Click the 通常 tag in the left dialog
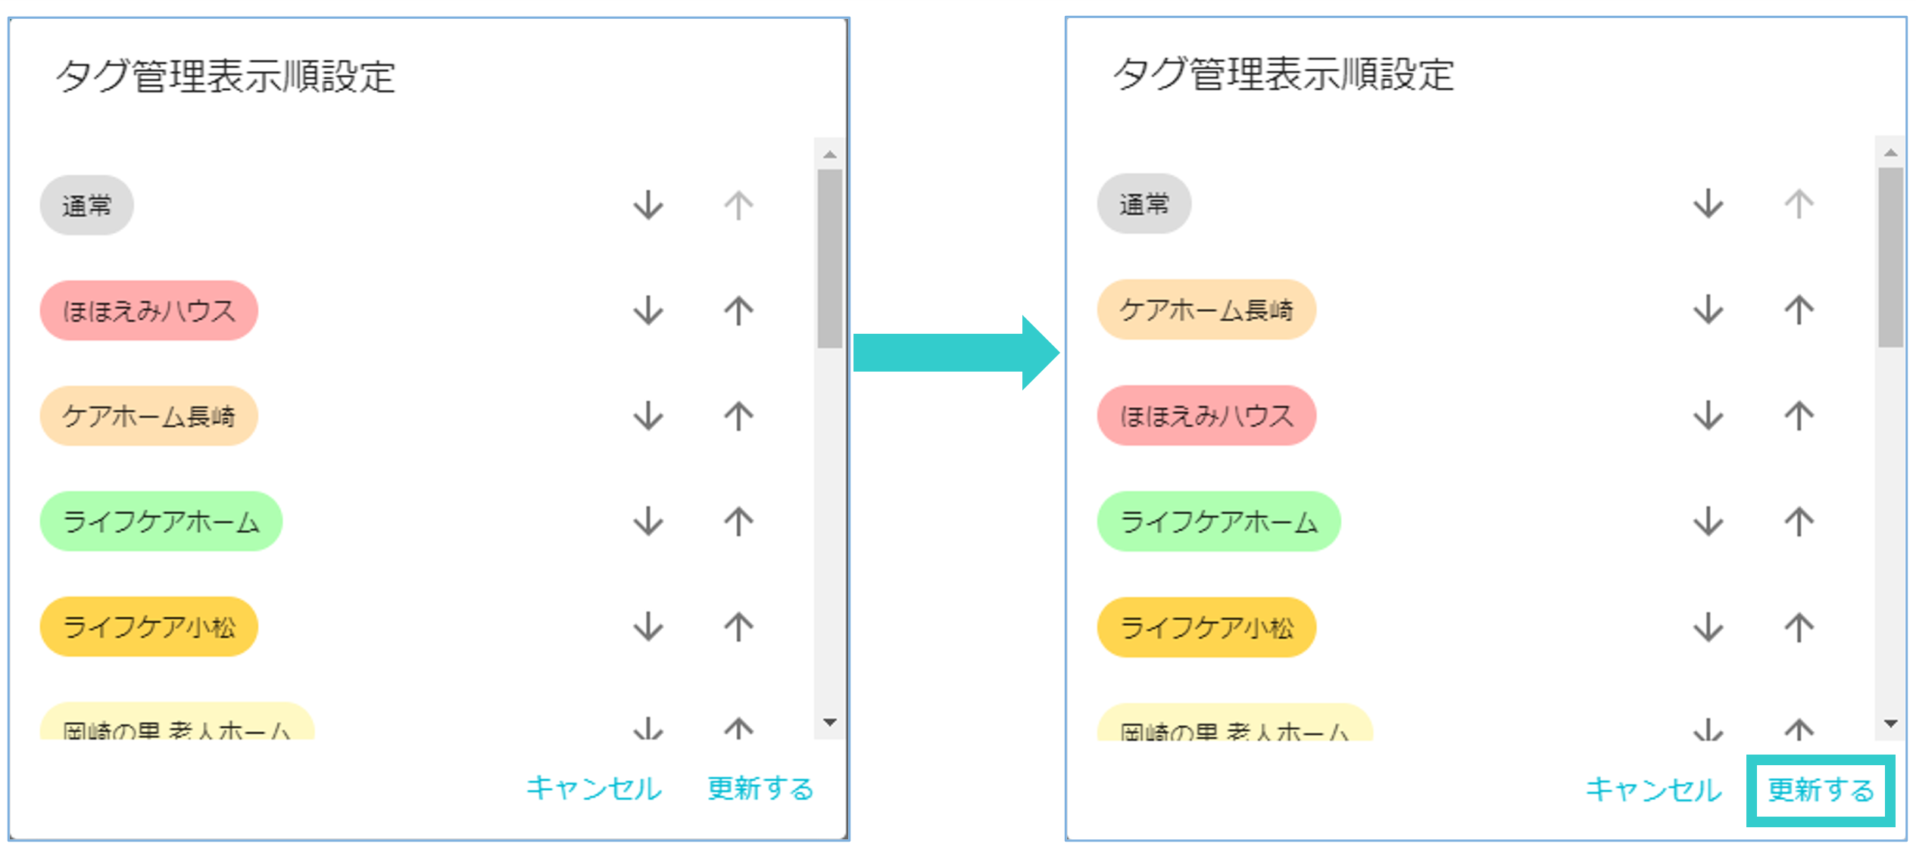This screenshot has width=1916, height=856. click(86, 205)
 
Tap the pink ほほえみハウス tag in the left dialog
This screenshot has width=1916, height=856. click(148, 310)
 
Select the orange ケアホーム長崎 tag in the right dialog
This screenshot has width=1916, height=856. click(1206, 310)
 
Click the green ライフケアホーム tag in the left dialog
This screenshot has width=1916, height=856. click(161, 521)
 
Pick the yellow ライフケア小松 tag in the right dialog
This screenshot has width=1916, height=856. click(1206, 627)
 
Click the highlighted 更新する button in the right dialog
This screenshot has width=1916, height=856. click(1820, 790)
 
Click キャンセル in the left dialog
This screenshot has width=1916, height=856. click(594, 789)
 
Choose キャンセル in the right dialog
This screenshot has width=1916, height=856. click(1653, 790)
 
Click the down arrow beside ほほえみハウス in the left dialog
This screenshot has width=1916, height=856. click(648, 310)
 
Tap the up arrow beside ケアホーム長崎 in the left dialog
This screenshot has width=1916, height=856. click(738, 416)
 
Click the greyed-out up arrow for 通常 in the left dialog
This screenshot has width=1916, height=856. click(738, 205)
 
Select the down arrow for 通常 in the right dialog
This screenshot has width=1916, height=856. click(1708, 204)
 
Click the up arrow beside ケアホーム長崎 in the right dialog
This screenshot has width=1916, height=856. click(1799, 310)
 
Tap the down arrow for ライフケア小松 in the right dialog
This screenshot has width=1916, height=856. click(1708, 627)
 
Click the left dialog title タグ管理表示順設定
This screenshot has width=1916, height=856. click(226, 76)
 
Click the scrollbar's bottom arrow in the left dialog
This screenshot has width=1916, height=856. click(830, 722)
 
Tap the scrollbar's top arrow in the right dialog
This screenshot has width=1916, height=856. click(1890, 153)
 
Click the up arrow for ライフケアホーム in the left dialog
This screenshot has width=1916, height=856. click(738, 521)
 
